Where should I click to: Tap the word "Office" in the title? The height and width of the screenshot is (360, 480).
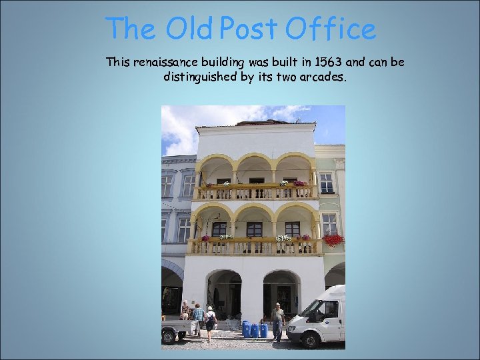point(331,29)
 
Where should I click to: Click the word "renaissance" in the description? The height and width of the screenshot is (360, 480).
point(164,63)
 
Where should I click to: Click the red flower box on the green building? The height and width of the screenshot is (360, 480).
point(333,239)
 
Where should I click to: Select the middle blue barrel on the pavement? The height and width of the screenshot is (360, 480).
point(255,330)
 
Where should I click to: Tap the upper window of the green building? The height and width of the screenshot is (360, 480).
point(326,182)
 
